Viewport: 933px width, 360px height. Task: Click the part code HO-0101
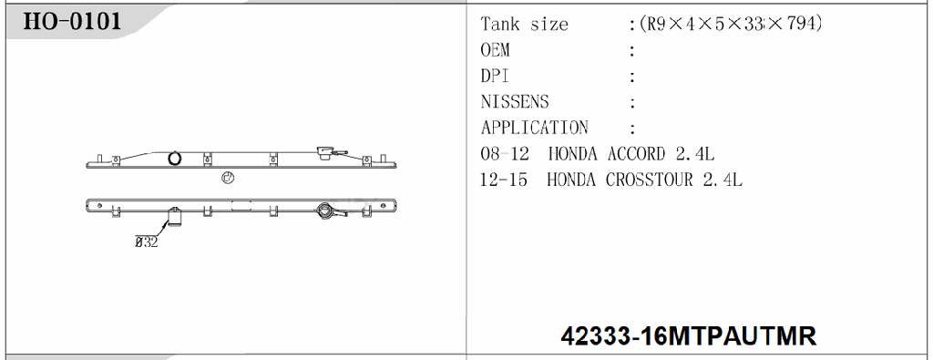[72, 22]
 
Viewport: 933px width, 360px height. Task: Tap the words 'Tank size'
[524, 25]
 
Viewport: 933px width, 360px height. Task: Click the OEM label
[495, 50]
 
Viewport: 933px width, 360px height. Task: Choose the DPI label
[495, 77]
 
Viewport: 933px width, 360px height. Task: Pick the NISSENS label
[515, 102]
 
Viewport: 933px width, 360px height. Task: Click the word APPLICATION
[534, 128]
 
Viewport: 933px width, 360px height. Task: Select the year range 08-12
[505, 154]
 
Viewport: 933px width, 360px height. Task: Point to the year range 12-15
[504, 180]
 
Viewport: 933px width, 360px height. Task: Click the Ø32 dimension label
[147, 242]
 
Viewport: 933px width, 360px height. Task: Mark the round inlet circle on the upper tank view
[173, 158]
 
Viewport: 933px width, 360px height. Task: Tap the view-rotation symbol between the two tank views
[227, 179]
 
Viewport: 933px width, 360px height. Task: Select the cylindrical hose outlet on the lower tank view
[172, 217]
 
